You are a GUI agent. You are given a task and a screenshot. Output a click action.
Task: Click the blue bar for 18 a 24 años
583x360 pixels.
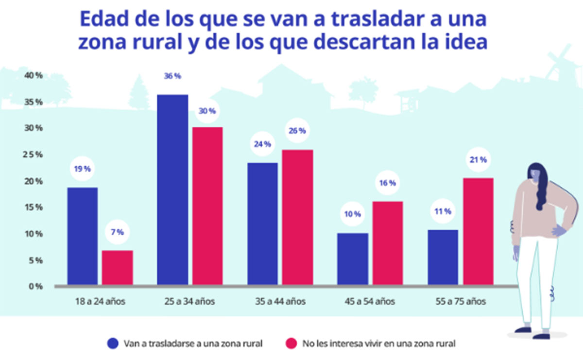[x=82, y=236]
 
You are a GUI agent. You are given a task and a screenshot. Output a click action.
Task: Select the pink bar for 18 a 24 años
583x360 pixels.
[x=117, y=267]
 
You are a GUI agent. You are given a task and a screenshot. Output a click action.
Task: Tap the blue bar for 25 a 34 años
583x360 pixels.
[x=172, y=189]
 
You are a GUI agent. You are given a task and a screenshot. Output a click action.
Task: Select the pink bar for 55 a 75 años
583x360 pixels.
[x=478, y=231]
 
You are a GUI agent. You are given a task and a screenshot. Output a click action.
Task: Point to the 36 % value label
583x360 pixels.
[x=172, y=76]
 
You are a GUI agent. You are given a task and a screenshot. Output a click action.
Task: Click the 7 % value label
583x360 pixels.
[x=117, y=232]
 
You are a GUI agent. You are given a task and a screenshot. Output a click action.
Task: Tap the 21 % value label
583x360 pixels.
[x=479, y=159]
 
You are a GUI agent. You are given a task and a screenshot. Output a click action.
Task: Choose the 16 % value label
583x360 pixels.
[x=387, y=184]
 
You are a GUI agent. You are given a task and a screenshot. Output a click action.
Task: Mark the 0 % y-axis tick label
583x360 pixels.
[x=35, y=287]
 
